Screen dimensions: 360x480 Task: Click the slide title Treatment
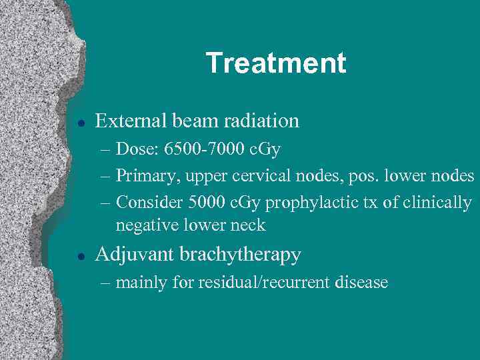pyautogui.click(x=276, y=63)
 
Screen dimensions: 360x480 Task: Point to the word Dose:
pyautogui.click(x=136, y=149)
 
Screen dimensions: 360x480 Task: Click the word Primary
pyautogui.click(x=142, y=176)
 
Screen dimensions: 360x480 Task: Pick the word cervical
pyautogui.click(x=270, y=176)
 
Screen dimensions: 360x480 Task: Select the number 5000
pyautogui.click(x=201, y=202)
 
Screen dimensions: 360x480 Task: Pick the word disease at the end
pyautogui.click(x=363, y=283)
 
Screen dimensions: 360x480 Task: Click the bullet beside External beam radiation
pyautogui.click(x=79, y=122)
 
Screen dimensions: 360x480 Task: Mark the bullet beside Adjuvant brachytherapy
pyautogui.click(x=79, y=256)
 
